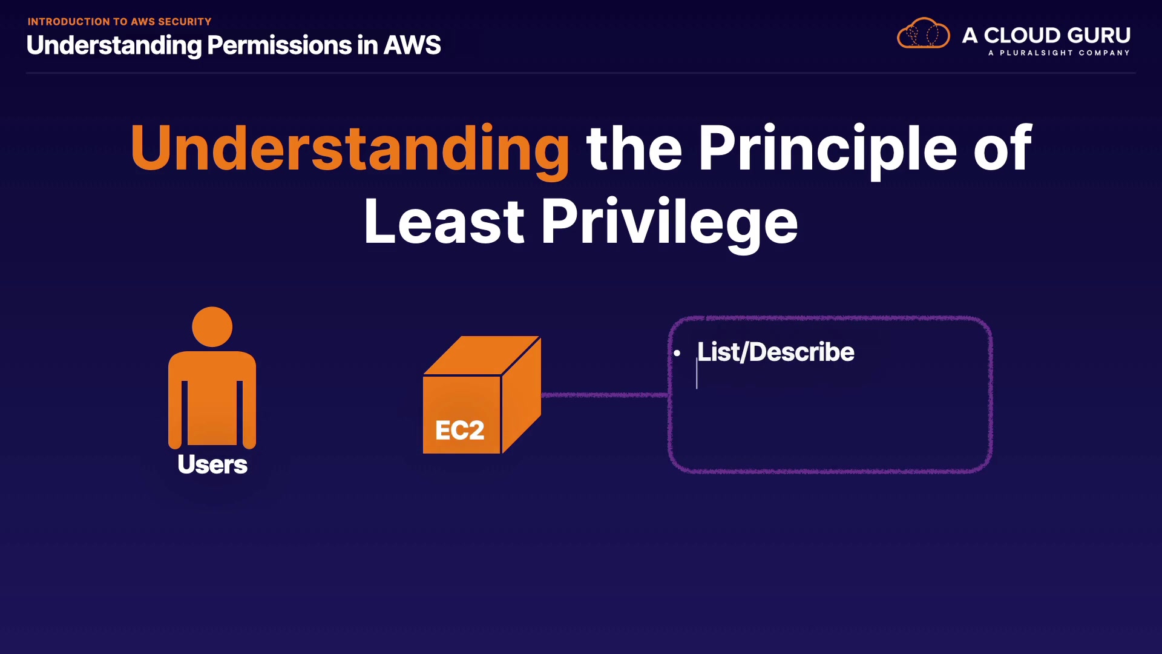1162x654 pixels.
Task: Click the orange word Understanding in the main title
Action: click(x=350, y=148)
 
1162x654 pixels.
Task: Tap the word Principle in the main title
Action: click(x=827, y=148)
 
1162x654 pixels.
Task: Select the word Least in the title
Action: click(x=444, y=222)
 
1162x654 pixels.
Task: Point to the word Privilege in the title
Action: click(x=669, y=222)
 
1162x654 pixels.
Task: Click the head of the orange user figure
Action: click(x=212, y=327)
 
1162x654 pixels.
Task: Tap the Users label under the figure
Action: click(x=212, y=464)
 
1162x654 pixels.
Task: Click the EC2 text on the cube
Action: click(x=460, y=431)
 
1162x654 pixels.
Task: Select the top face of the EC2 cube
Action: click(x=481, y=355)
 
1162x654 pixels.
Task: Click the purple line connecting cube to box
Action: click(x=605, y=395)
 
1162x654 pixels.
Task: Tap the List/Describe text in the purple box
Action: click(x=775, y=352)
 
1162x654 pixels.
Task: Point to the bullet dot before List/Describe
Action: click(x=677, y=353)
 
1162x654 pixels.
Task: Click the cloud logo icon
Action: click(x=923, y=34)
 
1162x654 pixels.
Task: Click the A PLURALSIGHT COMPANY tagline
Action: click(x=1059, y=53)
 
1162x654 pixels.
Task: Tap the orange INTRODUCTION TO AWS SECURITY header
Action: click(x=119, y=22)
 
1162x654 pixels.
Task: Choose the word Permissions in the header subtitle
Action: click(x=279, y=45)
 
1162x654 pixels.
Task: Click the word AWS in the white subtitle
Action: click(x=412, y=45)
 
